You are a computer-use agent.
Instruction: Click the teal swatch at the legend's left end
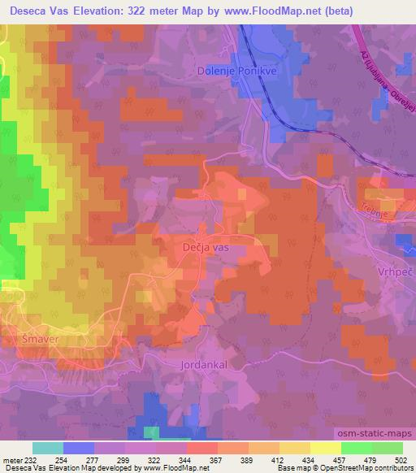[48, 448]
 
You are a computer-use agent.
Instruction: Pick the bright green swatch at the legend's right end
[387, 448]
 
